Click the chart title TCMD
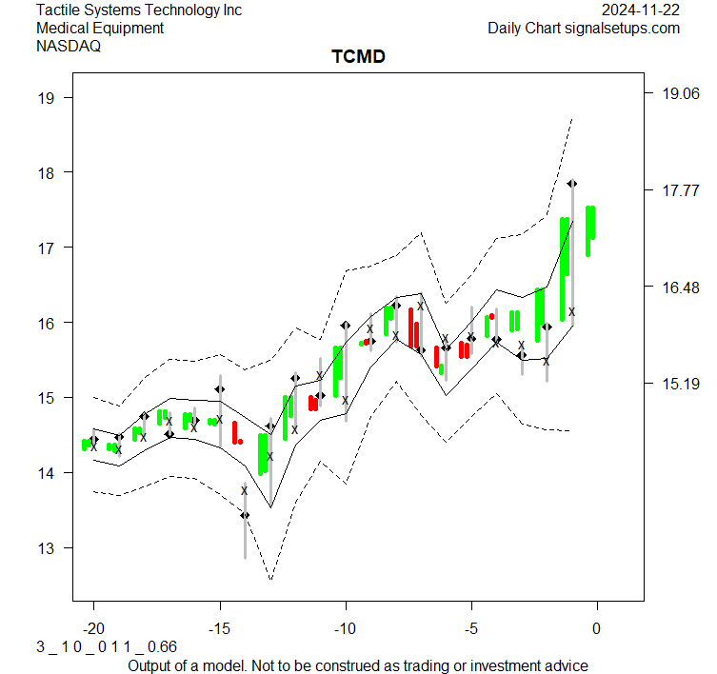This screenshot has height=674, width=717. [x=358, y=57]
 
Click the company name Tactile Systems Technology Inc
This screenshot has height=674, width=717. [x=139, y=10]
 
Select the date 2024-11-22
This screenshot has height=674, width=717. [x=641, y=10]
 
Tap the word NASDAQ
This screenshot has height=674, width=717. [x=68, y=46]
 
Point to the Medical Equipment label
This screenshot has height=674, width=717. [x=100, y=29]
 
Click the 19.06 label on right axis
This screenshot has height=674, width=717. [x=674, y=93]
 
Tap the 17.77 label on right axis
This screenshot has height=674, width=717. [x=674, y=191]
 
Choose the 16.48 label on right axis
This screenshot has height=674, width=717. [x=674, y=287]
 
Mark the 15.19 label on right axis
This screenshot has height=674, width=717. [x=674, y=384]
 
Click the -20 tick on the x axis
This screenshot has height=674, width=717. [x=93, y=629]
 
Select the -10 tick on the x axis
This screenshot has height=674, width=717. [x=346, y=629]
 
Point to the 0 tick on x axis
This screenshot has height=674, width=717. [x=597, y=629]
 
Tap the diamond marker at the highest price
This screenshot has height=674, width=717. [x=572, y=183]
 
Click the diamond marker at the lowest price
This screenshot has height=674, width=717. [x=245, y=515]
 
